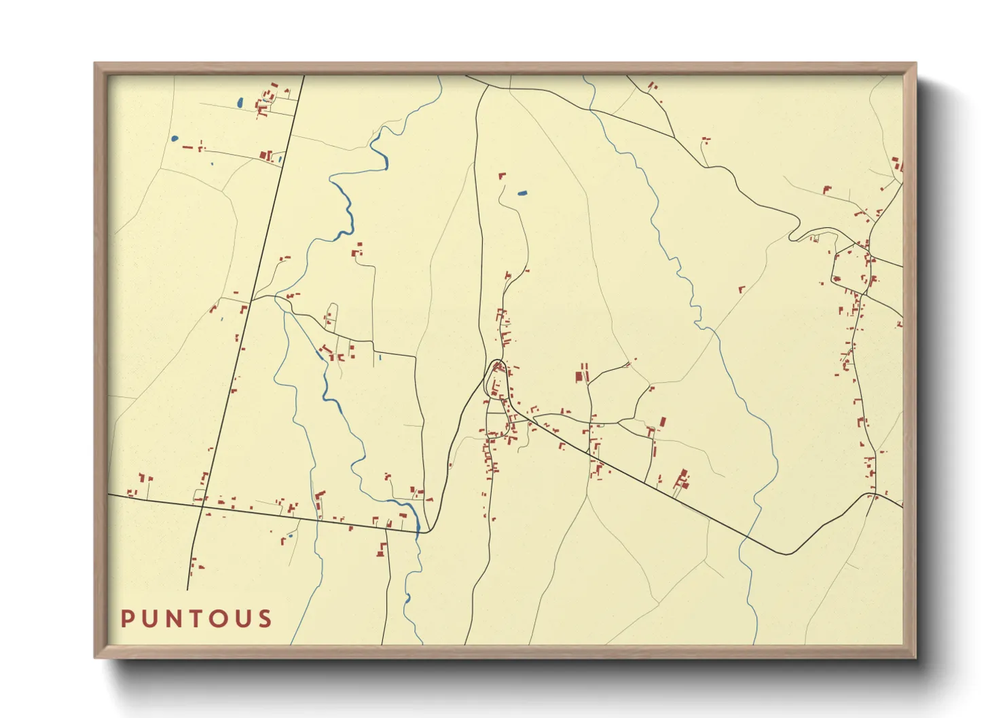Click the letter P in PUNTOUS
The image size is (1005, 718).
click(x=127, y=619)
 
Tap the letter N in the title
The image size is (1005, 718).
click(x=174, y=619)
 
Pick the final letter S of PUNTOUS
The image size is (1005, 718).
click(x=265, y=619)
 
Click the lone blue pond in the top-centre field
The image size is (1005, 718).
click(x=522, y=193)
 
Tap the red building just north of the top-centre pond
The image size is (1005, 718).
click(x=502, y=176)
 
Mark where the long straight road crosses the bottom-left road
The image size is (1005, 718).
click(x=201, y=503)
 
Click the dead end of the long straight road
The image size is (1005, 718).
click(x=187, y=589)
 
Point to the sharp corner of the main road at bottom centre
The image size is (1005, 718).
click(x=425, y=532)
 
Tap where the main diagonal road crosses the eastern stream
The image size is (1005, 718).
click(x=747, y=536)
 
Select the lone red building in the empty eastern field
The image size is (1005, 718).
click(x=742, y=289)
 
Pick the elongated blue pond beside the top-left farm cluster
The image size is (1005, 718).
click(x=240, y=103)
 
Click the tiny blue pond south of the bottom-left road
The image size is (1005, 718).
click(x=290, y=536)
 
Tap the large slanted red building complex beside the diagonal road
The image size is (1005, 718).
click(x=681, y=480)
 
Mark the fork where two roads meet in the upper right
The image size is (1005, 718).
click(x=674, y=138)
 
